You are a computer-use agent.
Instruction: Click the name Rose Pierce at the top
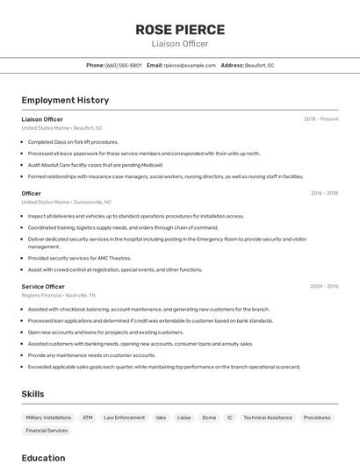click(x=179, y=29)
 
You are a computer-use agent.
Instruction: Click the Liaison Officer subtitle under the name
click(x=179, y=44)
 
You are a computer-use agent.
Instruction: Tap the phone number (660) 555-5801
click(x=123, y=65)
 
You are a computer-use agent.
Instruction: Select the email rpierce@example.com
click(x=190, y=65)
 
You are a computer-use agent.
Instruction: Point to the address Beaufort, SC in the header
click(x=259, y=65)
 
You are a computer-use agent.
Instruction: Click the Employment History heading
click(x=65, y=100)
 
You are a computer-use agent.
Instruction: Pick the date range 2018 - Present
click(x=320, y=118)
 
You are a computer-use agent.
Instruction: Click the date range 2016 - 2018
click(x=324, y=193)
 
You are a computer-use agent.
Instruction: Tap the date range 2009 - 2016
click(x=324, y=286)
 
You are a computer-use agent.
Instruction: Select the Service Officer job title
click(x=43, y=286)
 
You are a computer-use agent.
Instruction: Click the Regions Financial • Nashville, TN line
click(x=59, y=296)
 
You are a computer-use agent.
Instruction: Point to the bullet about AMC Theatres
click(x=79, y=258)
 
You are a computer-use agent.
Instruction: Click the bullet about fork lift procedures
click(x=73, y=141)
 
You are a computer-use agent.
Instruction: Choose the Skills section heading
click(x=32, y=394)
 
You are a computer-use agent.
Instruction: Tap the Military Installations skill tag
click(x=48, y=418)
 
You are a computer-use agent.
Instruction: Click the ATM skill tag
click(x=88, y=418)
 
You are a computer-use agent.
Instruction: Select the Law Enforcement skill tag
click(x=124, y=418)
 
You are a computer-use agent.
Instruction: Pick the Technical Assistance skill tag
click(x=268, y=418)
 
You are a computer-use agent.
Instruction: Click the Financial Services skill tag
click(x=47, y=431)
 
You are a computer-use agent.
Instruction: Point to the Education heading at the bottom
click(x=43, y=457)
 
